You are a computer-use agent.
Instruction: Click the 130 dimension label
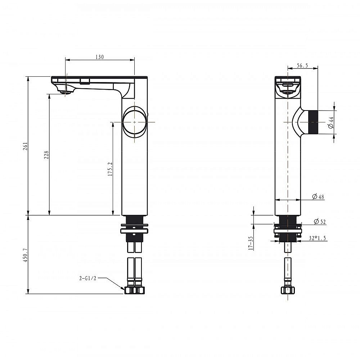point(100,57)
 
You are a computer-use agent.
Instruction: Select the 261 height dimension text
point(25,146)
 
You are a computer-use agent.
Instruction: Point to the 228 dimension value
point(46,155)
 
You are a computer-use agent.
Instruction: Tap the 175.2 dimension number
point(110,169)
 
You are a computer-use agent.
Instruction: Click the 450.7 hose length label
point(25,255)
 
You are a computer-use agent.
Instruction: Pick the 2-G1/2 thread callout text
point(88,278)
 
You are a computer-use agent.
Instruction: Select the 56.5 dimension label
point(302,66)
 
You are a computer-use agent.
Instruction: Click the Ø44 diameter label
point(330,122)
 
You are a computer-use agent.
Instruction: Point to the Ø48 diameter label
point(318,197)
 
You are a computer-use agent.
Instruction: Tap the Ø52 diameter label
point(320,221)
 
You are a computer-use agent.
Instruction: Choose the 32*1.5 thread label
point(317,238)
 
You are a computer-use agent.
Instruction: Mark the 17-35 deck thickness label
point(251,243)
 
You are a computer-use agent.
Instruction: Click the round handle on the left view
point(134,122)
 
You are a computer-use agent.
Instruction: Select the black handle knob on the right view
point(313,122)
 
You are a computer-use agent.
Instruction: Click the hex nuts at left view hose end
point(135,290)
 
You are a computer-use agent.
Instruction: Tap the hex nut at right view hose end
point(288,290)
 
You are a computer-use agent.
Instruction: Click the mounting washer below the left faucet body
point(134,231)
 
